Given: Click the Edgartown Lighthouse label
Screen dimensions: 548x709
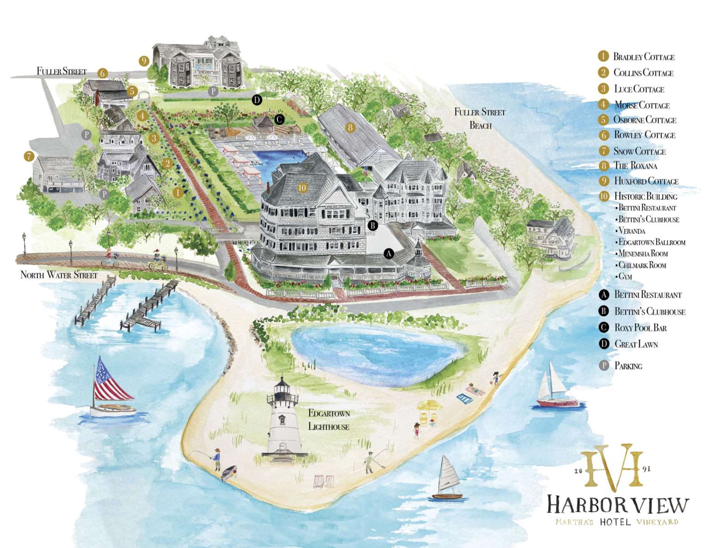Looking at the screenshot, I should point(329,420).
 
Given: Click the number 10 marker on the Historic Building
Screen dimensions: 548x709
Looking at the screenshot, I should point(302,188).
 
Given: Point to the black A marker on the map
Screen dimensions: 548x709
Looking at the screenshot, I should point(389,253).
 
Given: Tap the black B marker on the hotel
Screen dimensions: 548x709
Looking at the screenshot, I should point(373,225).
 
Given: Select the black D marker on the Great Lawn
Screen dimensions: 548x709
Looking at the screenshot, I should point(257,99).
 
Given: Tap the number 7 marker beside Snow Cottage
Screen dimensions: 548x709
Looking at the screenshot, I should point(29,156).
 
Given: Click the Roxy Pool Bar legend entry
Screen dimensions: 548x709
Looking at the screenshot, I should point(640,328).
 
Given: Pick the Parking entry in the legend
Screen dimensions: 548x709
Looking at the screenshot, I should point(628,366).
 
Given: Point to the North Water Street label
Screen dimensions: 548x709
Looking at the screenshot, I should point(59,275).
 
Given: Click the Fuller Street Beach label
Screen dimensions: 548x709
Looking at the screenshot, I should point(480,118).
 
